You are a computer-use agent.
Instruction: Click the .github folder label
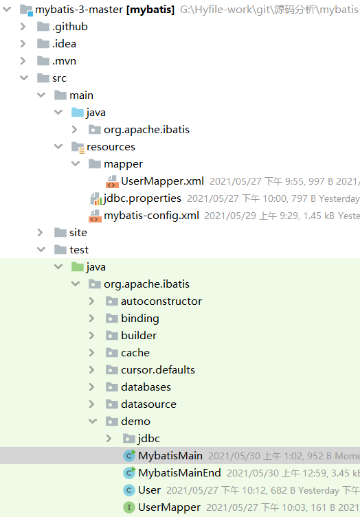click(69, 27)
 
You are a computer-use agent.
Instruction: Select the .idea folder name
click(64, 44)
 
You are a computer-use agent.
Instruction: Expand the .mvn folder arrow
click(23, 61)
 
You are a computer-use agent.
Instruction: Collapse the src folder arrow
click(24, 78)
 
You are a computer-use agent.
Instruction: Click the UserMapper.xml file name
click(162, 181)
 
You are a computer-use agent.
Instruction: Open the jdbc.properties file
click(142, 198)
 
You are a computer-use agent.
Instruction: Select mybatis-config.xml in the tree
click(151, 216)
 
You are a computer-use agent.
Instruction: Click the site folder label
click(78, 233)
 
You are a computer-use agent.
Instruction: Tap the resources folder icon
click(78, 147)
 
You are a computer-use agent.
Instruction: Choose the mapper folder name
click(124, 164)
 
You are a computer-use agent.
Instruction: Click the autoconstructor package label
click(161, 301)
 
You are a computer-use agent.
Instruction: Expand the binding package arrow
click(91, 318)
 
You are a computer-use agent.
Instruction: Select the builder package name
click(139, 335)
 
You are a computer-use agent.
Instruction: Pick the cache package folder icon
click(112, 353)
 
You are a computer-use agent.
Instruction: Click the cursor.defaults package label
click(158, 369)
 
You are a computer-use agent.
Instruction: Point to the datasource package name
click(148, 404)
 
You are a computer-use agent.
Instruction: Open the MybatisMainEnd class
click(179, 473)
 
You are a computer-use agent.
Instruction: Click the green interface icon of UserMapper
click(129, 507)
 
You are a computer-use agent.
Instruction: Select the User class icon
click(129, 490)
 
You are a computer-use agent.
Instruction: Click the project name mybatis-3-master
click(79, 10)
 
